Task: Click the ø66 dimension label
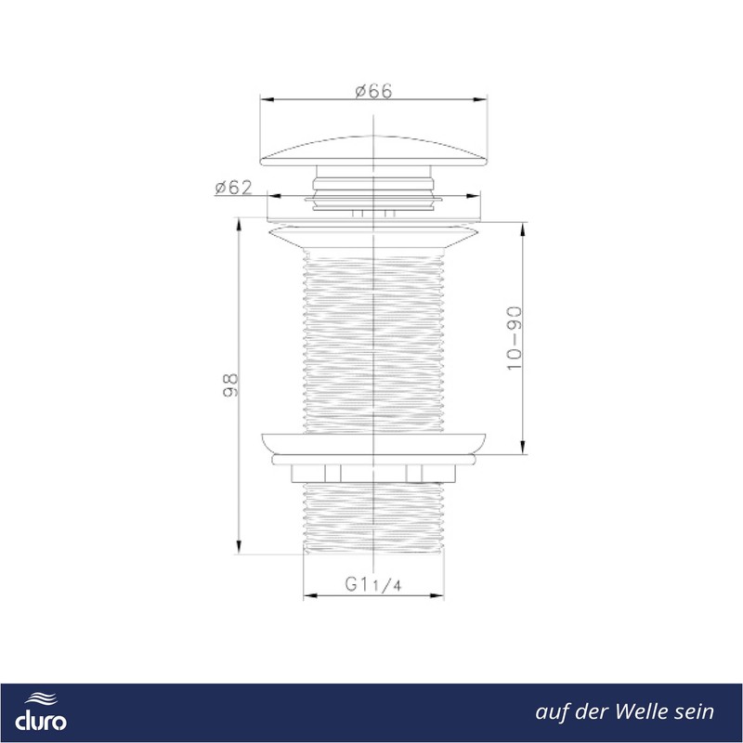point(374,91)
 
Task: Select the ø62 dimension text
point(234,188)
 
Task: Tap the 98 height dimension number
point(230,385)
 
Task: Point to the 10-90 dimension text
point(515,338)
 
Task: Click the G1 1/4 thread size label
point(373,584)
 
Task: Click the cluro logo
point(41,712)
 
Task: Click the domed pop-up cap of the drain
point(374,151)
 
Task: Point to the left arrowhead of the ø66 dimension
point(267,99)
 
